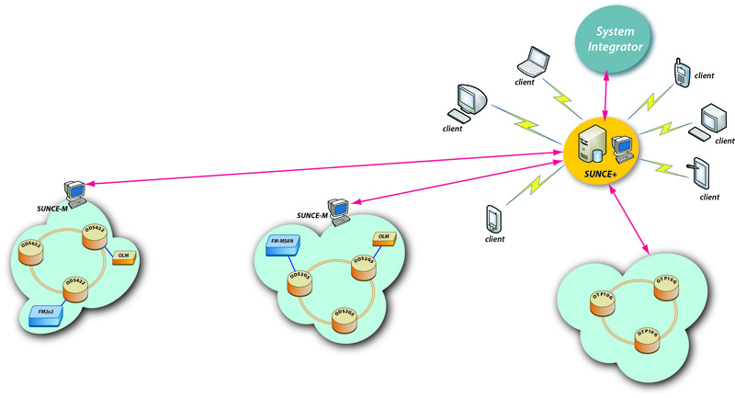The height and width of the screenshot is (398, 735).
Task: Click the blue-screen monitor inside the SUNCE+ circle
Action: coord(620,145)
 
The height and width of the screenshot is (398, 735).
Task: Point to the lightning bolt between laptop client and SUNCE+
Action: coord(557,100)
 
